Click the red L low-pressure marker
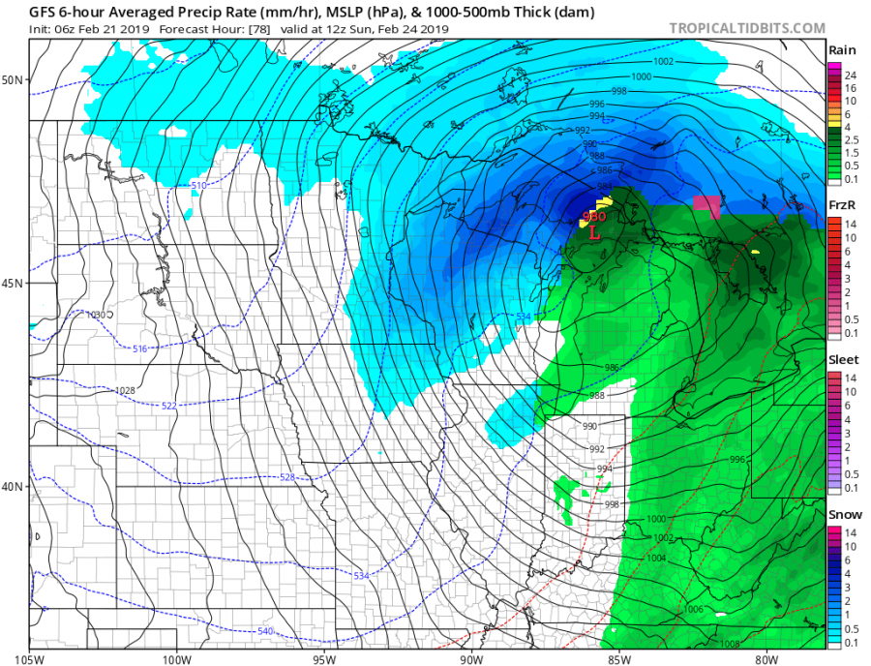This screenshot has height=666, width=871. tap(595, 233)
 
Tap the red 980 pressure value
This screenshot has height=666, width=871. tap(594, 217)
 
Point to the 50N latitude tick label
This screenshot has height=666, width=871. tap(14, 79)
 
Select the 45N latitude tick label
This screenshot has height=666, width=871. tap(14, 284)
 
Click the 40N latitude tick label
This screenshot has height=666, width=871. tap(14, 487)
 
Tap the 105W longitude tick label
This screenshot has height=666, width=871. tap(30, 659)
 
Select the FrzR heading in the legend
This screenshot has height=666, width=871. tap(840, 206)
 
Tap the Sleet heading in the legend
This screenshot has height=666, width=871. tap(840, 360)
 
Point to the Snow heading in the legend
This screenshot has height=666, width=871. tap(840, 515)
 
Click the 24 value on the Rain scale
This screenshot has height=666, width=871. tap(849, 75)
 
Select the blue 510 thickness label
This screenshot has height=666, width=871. tap(198, 185)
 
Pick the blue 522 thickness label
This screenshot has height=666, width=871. tap(170, 406)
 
